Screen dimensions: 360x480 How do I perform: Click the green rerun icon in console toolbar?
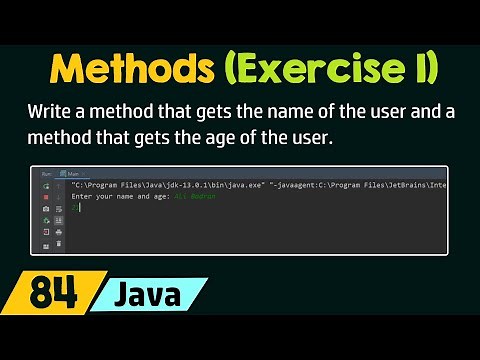point(46,186)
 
